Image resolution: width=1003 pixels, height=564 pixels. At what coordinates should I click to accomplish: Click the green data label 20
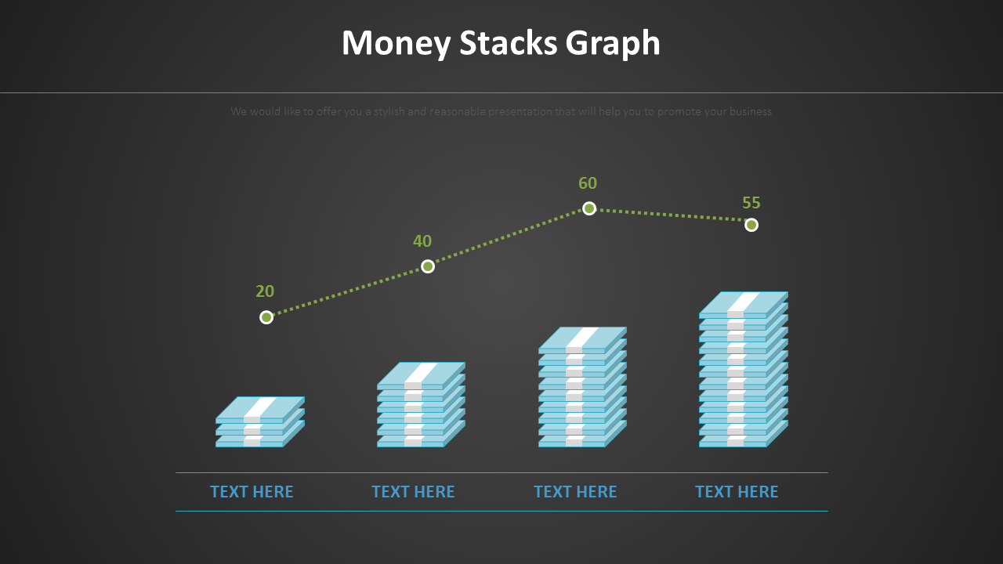(x=265, y=291)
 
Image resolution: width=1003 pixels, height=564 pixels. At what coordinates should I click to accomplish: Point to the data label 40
(x=422, y=241)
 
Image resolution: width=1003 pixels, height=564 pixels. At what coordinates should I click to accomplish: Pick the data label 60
(x=588, y=183)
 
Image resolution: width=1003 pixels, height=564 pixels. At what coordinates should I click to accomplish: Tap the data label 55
(x=751, y=203)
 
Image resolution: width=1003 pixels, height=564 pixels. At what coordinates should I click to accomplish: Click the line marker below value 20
(x=266, y=317)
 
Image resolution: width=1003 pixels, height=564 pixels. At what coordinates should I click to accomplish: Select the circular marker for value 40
(x=428, y=266)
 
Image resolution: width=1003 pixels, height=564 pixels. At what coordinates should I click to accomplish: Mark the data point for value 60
(x=589, y=208)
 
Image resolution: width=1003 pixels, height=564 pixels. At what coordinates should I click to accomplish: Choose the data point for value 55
(x=751, y=225)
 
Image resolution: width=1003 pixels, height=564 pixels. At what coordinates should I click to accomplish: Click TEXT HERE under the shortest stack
(x=252, y=492)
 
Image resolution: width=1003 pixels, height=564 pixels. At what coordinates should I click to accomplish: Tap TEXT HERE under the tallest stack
(x=737, y=492)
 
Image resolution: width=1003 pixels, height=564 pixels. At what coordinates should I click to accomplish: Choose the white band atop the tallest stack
(x=744, y=302)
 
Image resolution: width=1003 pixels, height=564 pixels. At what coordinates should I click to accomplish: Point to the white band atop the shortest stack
(x=260, y=407)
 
